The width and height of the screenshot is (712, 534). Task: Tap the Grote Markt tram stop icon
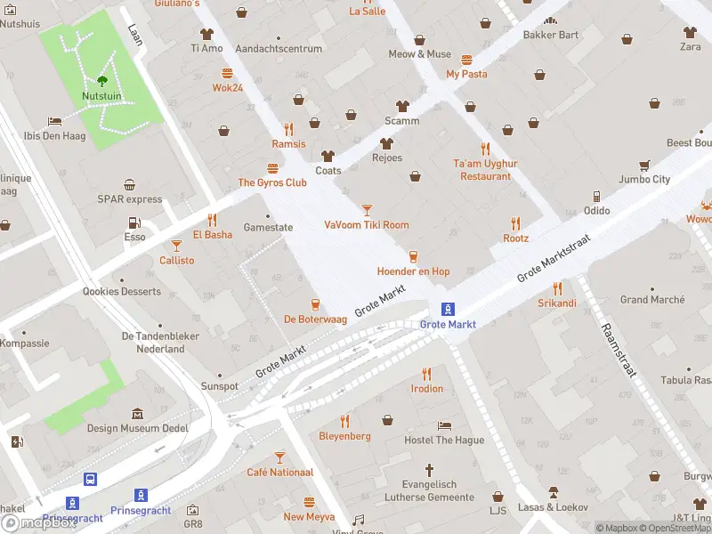(449, 309)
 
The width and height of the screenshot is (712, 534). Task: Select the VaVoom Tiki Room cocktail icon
(367, 209)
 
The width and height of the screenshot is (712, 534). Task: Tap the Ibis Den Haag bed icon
(54, 121)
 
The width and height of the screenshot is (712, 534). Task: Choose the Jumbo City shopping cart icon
(644, 165)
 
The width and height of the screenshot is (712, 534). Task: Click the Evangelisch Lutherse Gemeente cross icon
(429, 469)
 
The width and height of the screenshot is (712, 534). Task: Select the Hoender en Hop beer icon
(412, 256)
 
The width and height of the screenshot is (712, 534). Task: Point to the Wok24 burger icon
(228, 73)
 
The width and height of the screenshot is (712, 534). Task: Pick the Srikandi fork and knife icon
(557, 288)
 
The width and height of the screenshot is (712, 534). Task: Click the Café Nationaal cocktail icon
(279, 457)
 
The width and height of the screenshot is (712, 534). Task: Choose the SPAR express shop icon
(130, 185)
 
